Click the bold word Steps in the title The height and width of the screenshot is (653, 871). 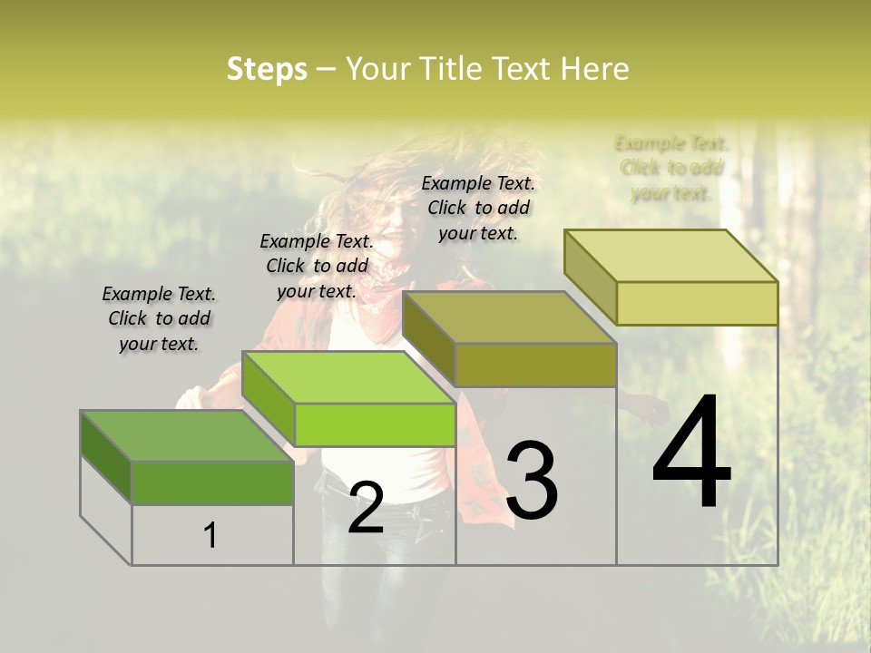pos(267,69)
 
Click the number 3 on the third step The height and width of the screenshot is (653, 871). pos(532,482)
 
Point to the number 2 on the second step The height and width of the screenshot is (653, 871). pos(366,508)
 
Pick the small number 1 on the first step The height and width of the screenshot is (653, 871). pos(210,535)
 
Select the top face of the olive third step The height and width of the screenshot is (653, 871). pos(508,317)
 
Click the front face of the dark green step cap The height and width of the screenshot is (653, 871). pos(212,482)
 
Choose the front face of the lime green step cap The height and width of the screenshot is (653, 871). pos(374,424)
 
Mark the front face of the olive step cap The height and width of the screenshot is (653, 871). pos(535,365)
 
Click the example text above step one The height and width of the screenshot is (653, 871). pos(159,318)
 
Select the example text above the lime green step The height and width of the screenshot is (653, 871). pos(317,266)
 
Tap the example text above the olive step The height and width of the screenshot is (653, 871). pos(478,208)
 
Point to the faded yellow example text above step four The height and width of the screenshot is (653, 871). pos(671,168)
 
